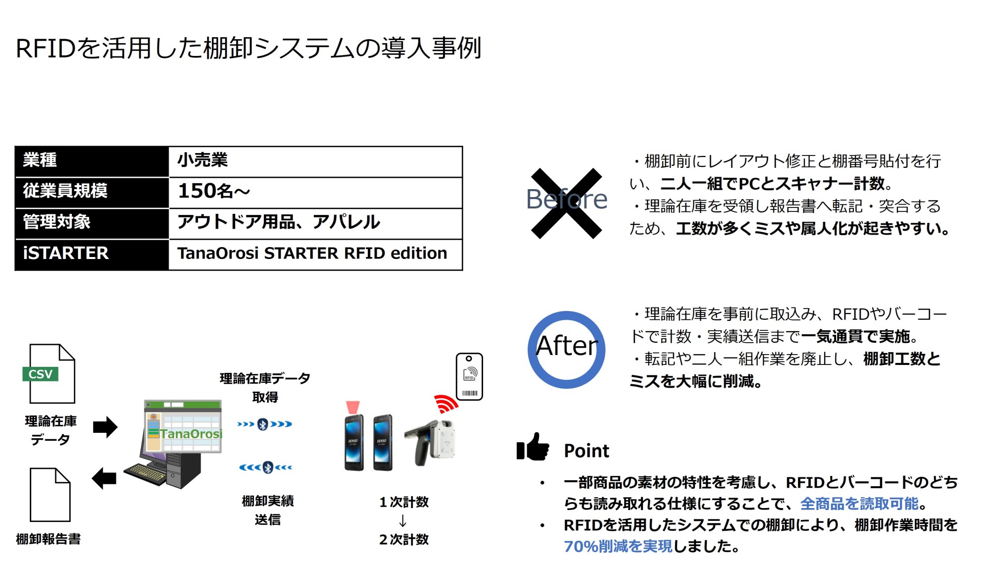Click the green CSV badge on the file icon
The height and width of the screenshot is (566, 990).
tap(40, 374)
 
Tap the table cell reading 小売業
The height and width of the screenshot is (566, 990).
tap(315, 160)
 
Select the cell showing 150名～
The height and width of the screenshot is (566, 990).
tap(315, 192)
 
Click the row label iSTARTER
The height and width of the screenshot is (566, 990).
tap(92, 254)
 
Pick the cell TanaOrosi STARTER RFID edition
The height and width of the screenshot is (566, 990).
tap(315, 254)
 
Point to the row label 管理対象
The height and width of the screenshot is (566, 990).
tap(92, 222)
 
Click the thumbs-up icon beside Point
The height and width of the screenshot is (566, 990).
tap(533, 447)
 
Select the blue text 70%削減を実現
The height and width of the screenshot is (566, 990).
tap(618, 546)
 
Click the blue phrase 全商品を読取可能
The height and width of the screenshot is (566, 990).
tap(859, 504)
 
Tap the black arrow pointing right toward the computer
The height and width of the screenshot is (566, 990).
tap(105, 427)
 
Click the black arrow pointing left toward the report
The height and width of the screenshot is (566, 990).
tap(104, 478)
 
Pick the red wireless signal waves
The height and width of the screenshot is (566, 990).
tap(445, 404)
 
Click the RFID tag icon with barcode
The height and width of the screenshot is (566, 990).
tap(469, 377)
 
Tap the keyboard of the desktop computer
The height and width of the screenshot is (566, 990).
tap(145, 473)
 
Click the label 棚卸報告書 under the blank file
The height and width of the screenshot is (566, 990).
tap(49, 539)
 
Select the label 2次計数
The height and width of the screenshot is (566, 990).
tap(404, 539)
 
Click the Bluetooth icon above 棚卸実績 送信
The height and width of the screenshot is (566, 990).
tap(267, 467)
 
